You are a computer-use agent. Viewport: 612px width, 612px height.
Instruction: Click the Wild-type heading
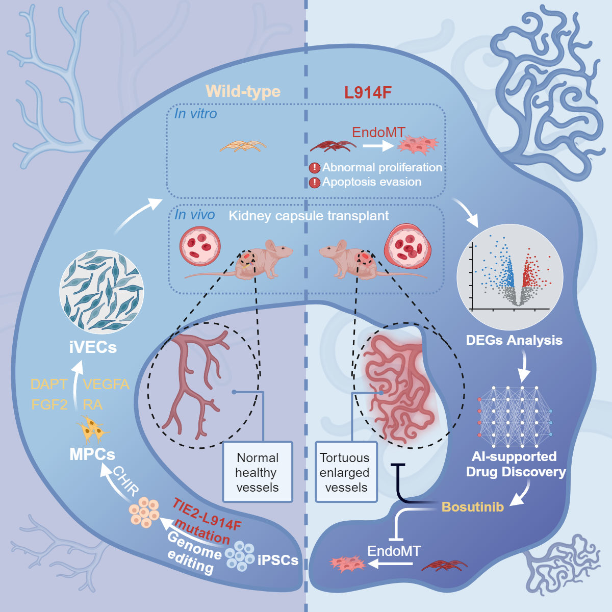[x=243, y=91]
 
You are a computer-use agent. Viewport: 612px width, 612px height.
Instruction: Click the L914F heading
[x=368, y=92]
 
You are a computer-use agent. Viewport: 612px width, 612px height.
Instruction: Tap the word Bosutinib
[x=472, y=507]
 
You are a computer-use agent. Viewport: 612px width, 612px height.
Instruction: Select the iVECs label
[x=93, y=347]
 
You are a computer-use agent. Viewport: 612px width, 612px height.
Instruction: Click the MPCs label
[x=92, y=454]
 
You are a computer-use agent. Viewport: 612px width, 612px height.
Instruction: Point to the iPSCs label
[x=278, y=560]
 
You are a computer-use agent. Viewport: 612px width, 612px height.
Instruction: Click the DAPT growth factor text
[x=49, y=384]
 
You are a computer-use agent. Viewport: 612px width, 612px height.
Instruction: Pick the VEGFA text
[x=106, y=384]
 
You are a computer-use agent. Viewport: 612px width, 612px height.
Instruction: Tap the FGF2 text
[x=49, y=405]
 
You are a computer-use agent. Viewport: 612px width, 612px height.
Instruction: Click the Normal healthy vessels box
[x=258, y=472]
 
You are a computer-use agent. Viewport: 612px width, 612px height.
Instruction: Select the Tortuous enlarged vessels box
[x=346, y=472]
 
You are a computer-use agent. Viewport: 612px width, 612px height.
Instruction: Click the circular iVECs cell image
[x=101, y=292]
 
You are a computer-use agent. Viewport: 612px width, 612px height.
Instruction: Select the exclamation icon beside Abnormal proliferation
[x=315, y=168]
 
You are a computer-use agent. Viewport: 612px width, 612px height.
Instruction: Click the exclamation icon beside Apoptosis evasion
[x=315, y=182]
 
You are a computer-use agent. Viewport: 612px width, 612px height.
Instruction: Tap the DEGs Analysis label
[x=514, y=340]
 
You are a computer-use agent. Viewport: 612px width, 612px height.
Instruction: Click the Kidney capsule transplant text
[x=309, y=216]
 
